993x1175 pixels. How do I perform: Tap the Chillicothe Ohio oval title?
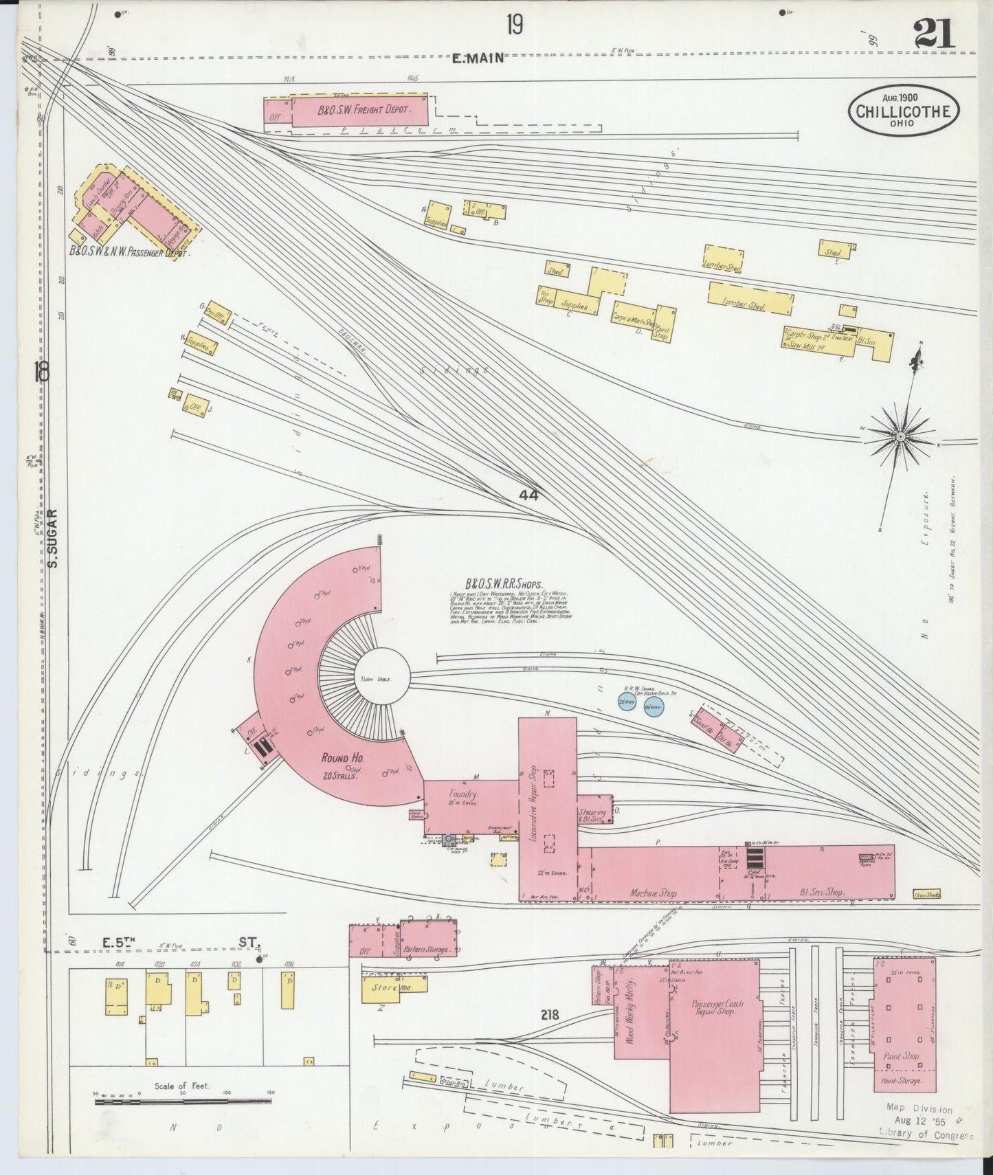(x=904, y=111)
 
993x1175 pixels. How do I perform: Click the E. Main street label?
(x=478, y=59)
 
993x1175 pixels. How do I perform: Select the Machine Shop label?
(x=654, y=893)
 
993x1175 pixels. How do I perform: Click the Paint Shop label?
(x=902, y=1055)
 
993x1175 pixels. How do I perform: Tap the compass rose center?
(x=900, y=436)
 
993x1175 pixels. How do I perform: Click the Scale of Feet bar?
(x=179, y=1101)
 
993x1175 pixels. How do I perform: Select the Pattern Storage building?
(x=428, y=950)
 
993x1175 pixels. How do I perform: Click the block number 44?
(x=528, y=495)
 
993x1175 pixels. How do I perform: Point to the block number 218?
(x=550, y=1014)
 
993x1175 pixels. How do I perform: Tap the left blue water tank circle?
(x=626, y=704)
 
